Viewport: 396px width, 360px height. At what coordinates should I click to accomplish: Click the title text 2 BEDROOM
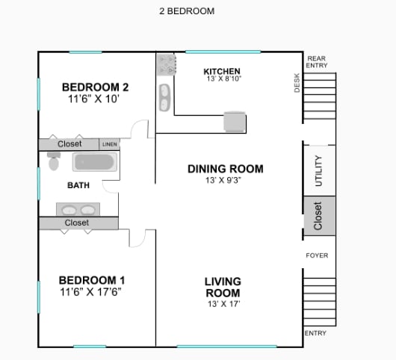click(187, 11)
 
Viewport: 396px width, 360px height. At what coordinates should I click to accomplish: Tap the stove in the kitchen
click(166, 65)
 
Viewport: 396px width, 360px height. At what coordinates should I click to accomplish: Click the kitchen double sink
click(164, 97)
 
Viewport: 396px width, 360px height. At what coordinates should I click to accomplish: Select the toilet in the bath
click(54, 161)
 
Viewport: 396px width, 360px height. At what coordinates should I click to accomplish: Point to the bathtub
click(95, 162)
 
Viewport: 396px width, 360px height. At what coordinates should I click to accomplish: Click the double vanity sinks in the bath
click(78, 209)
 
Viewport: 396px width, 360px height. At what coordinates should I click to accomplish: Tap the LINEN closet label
click(110, 144)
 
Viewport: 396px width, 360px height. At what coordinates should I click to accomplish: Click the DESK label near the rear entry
click(297, 83)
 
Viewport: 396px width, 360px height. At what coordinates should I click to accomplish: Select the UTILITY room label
click(319, 170)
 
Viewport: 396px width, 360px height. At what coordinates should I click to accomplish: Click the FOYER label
click(317, 255)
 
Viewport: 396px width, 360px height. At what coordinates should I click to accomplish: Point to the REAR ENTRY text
click(317, 62)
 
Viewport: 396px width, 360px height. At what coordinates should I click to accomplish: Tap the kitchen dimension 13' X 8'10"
click(224, 78)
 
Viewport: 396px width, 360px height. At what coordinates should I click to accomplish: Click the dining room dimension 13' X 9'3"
click(223, 180)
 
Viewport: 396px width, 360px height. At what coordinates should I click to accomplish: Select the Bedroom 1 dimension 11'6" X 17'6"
click(90, 292)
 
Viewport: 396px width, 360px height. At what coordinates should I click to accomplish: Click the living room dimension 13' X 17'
click(223, 304)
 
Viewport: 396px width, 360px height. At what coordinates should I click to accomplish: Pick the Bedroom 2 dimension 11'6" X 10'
click(93, 99)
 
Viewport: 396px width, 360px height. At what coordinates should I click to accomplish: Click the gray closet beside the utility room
click(320, 216)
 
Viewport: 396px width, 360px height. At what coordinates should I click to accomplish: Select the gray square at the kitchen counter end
click(235, 122)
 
